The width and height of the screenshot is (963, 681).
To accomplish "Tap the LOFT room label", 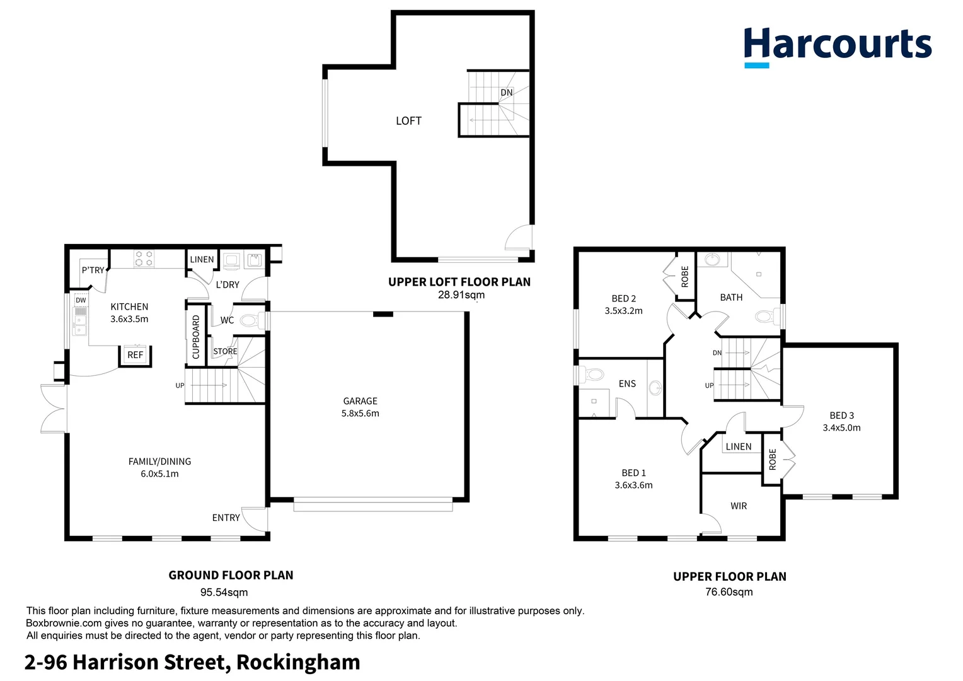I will (408, 121).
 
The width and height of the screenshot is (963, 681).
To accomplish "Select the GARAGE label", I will (360, 401).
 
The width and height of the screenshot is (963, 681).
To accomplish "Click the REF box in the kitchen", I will (136, 355).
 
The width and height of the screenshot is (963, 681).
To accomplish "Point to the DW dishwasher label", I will (81, 301).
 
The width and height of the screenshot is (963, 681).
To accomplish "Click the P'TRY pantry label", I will (93, 270).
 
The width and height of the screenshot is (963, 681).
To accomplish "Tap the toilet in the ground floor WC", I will (250, 320).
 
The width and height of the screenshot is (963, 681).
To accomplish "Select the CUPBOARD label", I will (196, 337).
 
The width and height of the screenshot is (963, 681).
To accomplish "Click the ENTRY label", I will (226, 518).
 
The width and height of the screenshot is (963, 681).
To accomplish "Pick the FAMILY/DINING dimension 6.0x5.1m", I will (159, 474).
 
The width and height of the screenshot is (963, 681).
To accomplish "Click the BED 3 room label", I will (841, 416).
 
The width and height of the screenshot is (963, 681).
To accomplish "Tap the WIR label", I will (739, 506).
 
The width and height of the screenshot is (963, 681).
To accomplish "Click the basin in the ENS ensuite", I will (655, 387).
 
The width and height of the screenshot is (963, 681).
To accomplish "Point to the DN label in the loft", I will (507, 93).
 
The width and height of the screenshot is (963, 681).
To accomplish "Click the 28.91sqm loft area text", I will (461, 295).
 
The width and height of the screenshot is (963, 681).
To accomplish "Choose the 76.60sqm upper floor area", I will (729, 592).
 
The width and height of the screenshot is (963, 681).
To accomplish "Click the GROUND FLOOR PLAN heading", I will (231, 575).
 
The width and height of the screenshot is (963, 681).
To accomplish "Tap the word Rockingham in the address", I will (298, 662).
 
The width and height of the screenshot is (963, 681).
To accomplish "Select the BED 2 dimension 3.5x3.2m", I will (623, 311).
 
